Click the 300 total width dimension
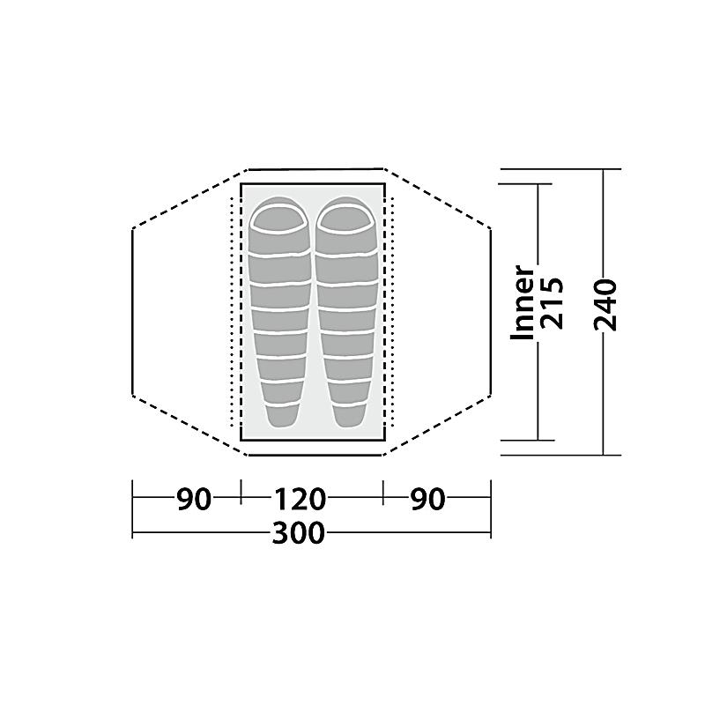coord(298,533)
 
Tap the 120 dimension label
coord(300,499)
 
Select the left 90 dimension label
coord(194,499)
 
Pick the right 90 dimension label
coord(427,499)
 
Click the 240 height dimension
coord(605,305)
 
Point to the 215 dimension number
coord(552,303)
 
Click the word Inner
coord(523,302)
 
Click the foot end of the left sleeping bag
coord(283,416)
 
